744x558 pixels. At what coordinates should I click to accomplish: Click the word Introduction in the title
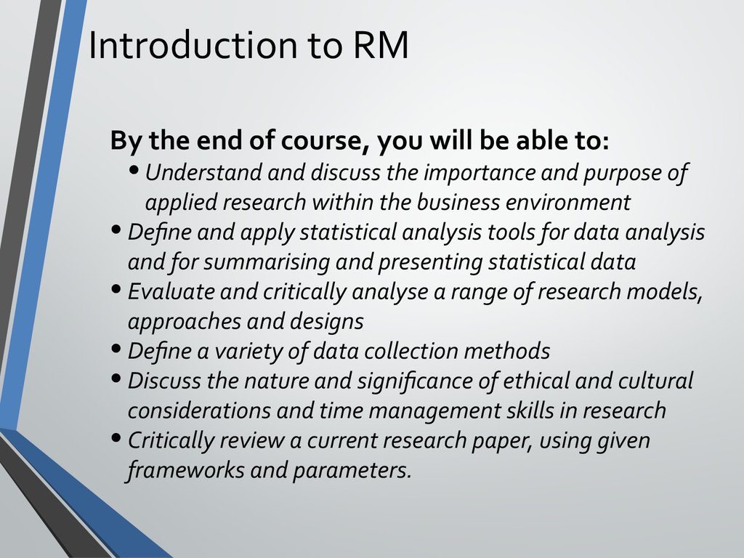coord(193,44)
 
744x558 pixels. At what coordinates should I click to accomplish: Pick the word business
coord(458,202)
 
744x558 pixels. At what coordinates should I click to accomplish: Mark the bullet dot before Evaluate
coord(116,289)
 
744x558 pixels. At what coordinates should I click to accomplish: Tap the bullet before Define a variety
coord(116,349)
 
